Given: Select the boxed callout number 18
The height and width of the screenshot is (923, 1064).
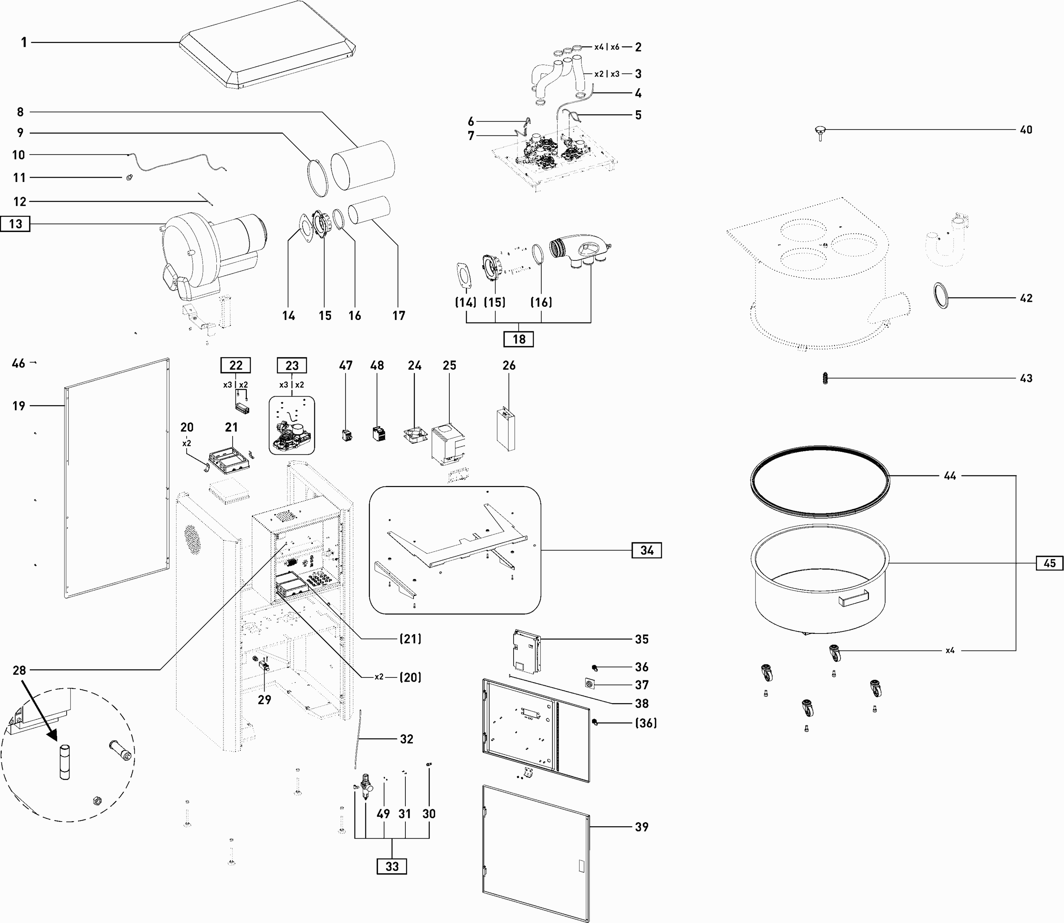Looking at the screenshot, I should pyautogui.click(x=519, y=339).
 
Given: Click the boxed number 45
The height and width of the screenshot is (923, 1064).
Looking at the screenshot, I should pyautogui.click(x=1049, y=563).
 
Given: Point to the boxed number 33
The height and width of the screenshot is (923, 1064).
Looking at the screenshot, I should pyautogui.click(x=392, y=866).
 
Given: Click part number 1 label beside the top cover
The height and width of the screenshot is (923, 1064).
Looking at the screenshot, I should pyautogui.click(x=24, y=42).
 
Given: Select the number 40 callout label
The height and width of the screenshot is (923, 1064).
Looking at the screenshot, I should pyautogui.click(x=1026, y=130).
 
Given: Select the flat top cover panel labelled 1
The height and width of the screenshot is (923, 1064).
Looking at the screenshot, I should pyautogui.click(x=268, y=44).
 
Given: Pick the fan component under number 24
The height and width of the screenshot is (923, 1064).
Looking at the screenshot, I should pyautogui.click(x=415, y=435).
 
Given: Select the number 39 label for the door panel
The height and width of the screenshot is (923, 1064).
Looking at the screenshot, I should pyautogui.click(x=641, y=827).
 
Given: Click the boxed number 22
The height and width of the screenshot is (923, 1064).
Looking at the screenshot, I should pyautogui.click(x=236, y=365).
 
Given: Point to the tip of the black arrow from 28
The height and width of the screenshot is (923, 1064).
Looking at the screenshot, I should pyautogui.click(x=57, y=740).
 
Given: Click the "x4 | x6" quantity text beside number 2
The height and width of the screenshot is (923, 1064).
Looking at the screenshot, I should pyautogui.click(x=607, y=47).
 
